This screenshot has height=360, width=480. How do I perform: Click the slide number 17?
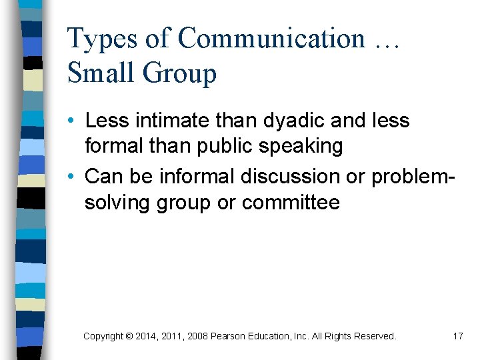tap(457, 336)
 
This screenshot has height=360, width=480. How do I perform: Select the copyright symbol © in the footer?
tap(129, 337)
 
